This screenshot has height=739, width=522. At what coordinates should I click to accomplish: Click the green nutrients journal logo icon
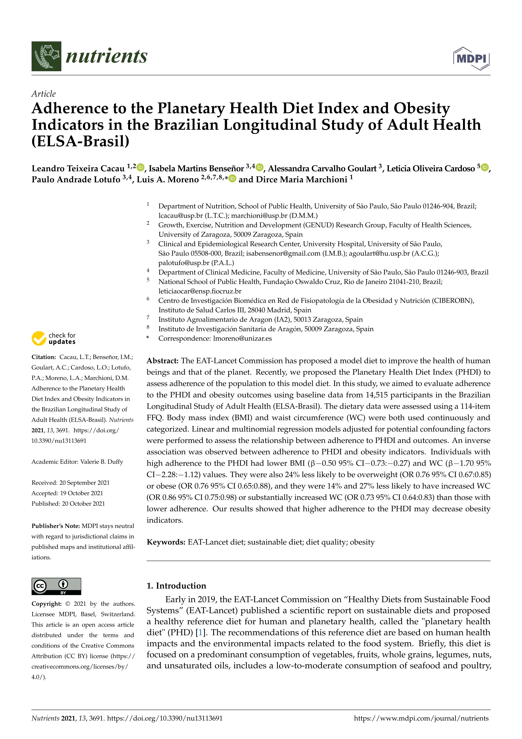pos(46,56)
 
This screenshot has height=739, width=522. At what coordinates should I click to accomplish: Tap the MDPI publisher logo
pos(471,59)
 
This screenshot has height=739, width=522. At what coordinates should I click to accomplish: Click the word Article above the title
pos(43,94)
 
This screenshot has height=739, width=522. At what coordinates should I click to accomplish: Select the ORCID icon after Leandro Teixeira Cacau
pos(140,167)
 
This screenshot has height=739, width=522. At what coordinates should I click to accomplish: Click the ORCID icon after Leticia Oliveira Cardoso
pos(485,167)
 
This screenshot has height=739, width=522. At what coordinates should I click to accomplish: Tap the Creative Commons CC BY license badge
pos(56,586)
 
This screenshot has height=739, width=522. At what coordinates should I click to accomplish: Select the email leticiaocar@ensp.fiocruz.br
pos(200,291)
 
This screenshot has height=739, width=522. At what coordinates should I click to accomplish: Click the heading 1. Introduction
pos(176,586)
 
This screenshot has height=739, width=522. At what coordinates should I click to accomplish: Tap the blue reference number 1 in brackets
pos(201,632)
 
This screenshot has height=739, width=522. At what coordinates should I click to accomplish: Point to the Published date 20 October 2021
pos(83,504)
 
